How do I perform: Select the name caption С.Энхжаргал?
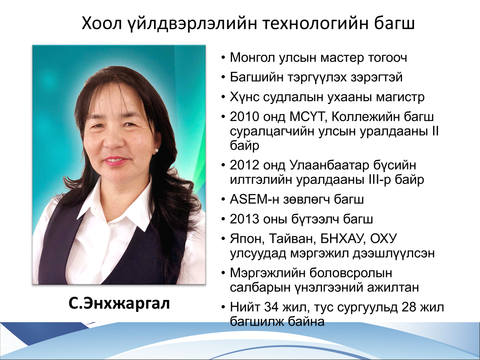pos(119,304)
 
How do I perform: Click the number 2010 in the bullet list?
pos(244,117)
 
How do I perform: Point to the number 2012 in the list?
pos(244,165)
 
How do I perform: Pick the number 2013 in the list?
pos(244,219)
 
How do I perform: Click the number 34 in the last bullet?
pos(271,307)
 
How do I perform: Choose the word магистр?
pos(400,98)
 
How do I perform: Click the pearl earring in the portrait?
pos(156,151)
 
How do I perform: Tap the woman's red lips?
pos(114,161)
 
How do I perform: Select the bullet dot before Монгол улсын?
pos(223,58)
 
